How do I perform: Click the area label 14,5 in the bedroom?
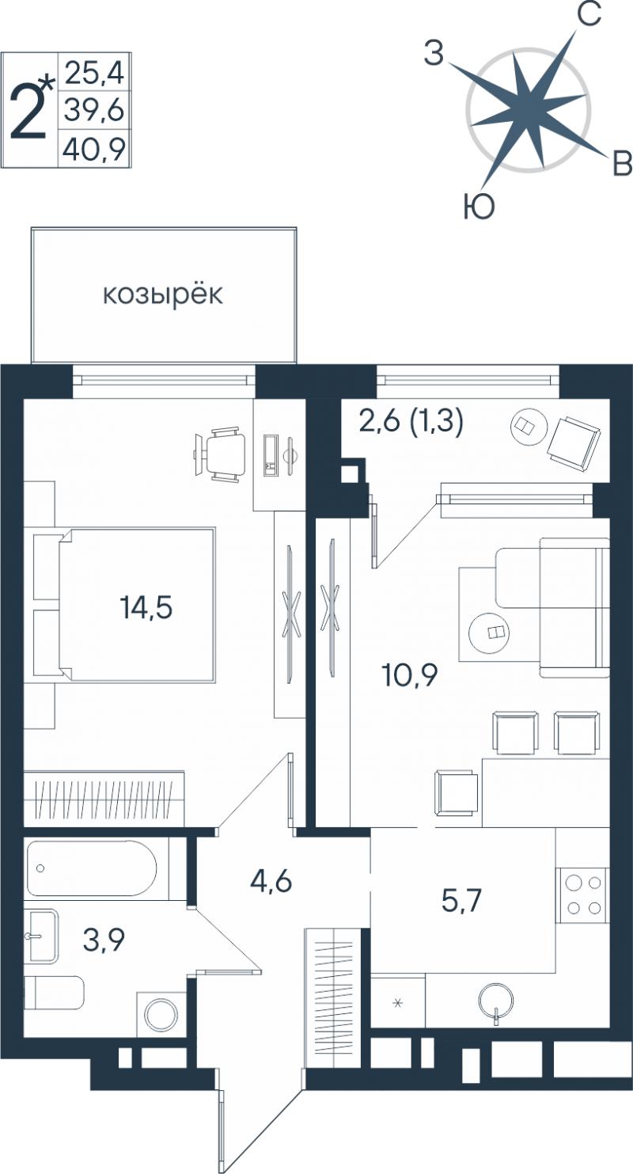(x=146, y=607)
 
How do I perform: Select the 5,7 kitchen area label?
(x=462, y=900)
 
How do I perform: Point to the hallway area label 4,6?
(x=271, y=881)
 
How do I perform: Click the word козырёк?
(x=162, y=294)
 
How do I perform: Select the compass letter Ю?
(x=479, y=207)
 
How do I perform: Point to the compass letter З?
(x=434, y=54)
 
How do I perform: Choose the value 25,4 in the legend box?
(x=94, y=73)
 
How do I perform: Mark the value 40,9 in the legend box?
(x=94, y=150)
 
